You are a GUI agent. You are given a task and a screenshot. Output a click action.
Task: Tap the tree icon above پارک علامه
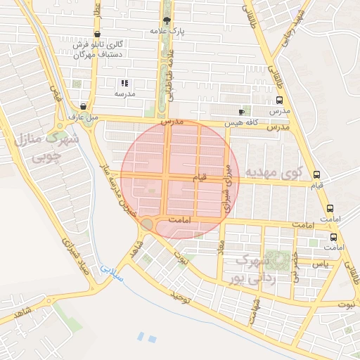(x=166, y=21)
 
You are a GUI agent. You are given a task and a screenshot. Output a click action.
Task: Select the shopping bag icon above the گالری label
(x=96, y=34)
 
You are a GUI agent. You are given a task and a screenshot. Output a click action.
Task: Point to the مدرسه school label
(x=124, y=94)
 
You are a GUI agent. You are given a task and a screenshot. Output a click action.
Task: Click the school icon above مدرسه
(x=124, y=83)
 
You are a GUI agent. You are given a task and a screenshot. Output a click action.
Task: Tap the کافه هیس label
(x=242, y=122)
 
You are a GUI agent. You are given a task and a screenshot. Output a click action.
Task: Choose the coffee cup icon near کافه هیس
(x=242, y=112)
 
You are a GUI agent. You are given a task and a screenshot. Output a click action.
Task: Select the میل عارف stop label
(x=82, y=117)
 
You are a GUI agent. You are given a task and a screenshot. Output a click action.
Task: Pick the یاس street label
(x=321, y=264)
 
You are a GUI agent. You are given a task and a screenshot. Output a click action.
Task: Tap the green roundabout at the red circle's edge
(x=147, y=224)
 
